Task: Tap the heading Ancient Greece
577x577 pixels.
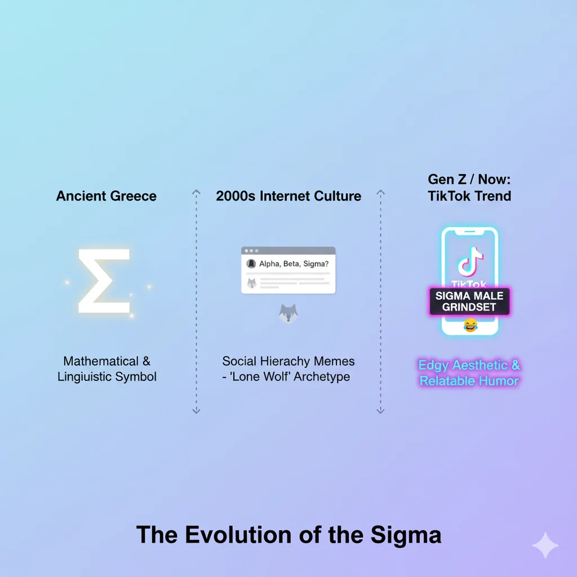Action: click(x=106, y=196)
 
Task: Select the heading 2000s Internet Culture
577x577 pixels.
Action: click(x=288, y=196)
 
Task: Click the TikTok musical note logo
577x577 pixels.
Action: click(x=470, y=261)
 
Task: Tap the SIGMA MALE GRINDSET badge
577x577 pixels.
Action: click(x=469, y=301)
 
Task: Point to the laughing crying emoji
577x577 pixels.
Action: click(x=471, y=325)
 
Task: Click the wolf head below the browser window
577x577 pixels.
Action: click(x=288, y=313)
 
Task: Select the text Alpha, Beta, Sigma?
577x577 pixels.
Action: click(x=294, y=264)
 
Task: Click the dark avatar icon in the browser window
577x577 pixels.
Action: click(x=251, y=264)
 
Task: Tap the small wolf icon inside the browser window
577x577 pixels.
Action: click(x=252, y=283)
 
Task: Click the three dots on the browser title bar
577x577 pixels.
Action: click(x=251, y=251)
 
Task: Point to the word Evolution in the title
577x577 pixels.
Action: click(x=238, y=535)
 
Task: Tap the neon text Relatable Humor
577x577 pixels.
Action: click(x=469, y=381)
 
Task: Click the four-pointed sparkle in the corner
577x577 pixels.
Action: click(x=545, y=545)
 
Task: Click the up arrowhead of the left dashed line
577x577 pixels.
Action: click(x=196, y=192)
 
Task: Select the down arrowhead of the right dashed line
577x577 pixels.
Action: click(x=380, y=411)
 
